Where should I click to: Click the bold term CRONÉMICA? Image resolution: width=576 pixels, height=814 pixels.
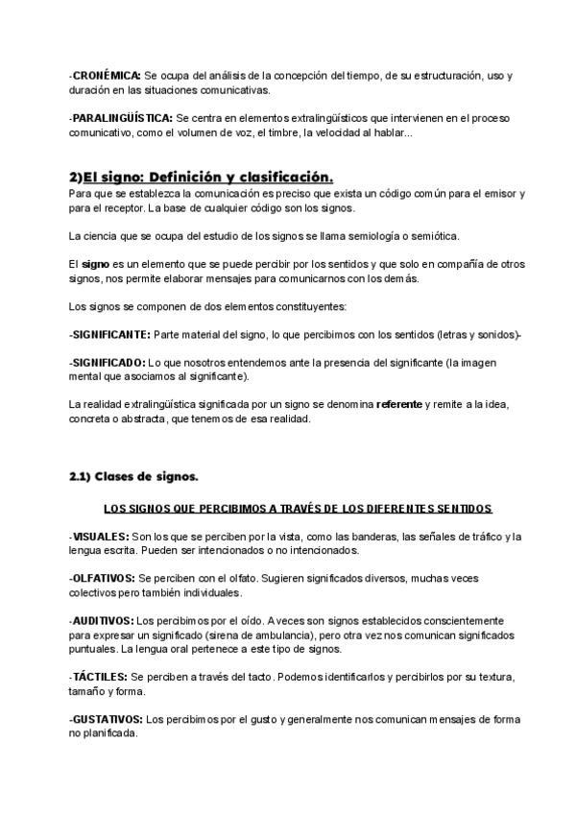tap(107, 75)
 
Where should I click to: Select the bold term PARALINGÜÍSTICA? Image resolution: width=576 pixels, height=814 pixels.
tap(122, 117)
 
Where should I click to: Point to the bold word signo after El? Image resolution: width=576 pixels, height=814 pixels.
tap(95, 263)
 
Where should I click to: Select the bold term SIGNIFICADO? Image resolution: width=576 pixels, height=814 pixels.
tap(108, 362)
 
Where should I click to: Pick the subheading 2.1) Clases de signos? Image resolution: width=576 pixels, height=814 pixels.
tap(133, 476)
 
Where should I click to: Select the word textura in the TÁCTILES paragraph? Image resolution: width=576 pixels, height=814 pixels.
tap(494, 677)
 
